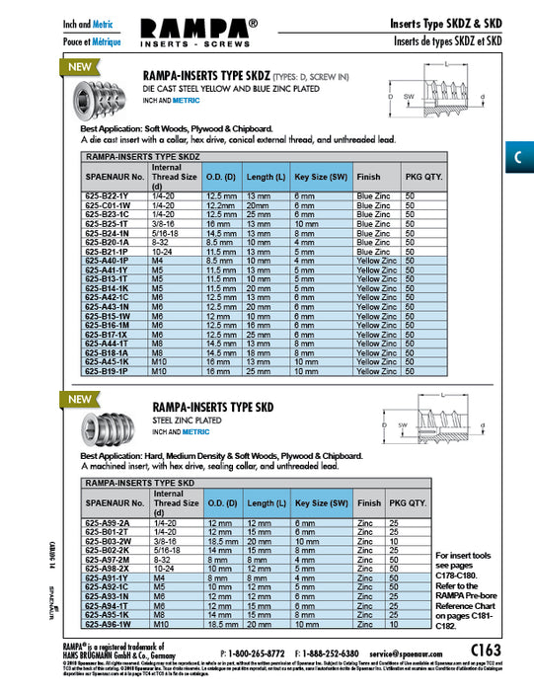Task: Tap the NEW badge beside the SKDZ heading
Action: point(78,68)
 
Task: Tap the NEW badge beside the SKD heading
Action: point(78,399)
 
